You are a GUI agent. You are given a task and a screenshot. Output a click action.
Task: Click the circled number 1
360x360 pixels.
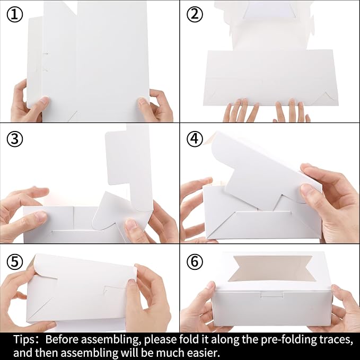pyautogui.click(x=15, y=14)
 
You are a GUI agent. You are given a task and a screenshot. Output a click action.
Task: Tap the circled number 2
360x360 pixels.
pyautogui.click(x=195, y=14)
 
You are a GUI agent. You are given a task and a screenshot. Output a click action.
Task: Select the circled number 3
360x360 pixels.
pyautogui.click(x=15, y=139)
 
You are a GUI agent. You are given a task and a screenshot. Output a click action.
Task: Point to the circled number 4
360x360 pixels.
pyautogui.click(x=195, y=139)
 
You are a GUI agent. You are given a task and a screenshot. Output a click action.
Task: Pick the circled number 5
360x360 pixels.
pyautogui.click(x=15, y=262)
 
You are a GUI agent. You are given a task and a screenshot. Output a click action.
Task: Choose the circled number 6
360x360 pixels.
pyautogui.click(x=195, y=262)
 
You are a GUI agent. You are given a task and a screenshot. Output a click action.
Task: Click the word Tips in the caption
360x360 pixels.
pyautogui.click(x=24, y=340)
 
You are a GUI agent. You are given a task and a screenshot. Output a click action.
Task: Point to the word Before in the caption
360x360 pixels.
pyautogui.click(x=62, y=340)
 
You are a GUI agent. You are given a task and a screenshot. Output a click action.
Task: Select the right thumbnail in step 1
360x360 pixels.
pyautogui.click(x=143, y=101)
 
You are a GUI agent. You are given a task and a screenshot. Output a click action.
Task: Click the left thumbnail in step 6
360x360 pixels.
pyautogui.click(x=210, y=286)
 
